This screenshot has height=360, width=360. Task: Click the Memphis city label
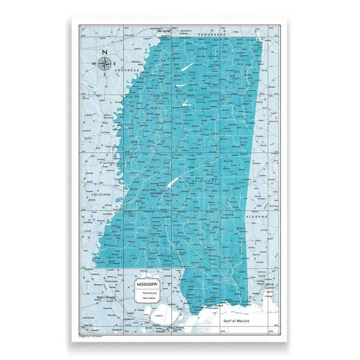[x=164, y=31]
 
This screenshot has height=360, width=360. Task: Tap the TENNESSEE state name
[x=211, y=35]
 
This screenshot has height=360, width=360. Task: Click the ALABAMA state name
[x=257, y=217]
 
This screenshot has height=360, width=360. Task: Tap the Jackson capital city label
[x=156, y=193]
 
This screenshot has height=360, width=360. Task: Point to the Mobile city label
[x=261, y=284]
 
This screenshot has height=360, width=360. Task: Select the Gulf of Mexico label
[x=237, y=321]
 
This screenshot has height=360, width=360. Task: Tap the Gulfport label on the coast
[x=219, y=305]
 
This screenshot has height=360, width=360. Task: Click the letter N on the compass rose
[x=105, y=52]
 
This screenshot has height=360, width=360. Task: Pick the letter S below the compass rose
[x=105, y=75]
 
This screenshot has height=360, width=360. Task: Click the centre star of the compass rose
[x=105, y=63]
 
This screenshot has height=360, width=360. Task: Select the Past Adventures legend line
[x=147, y=292]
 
